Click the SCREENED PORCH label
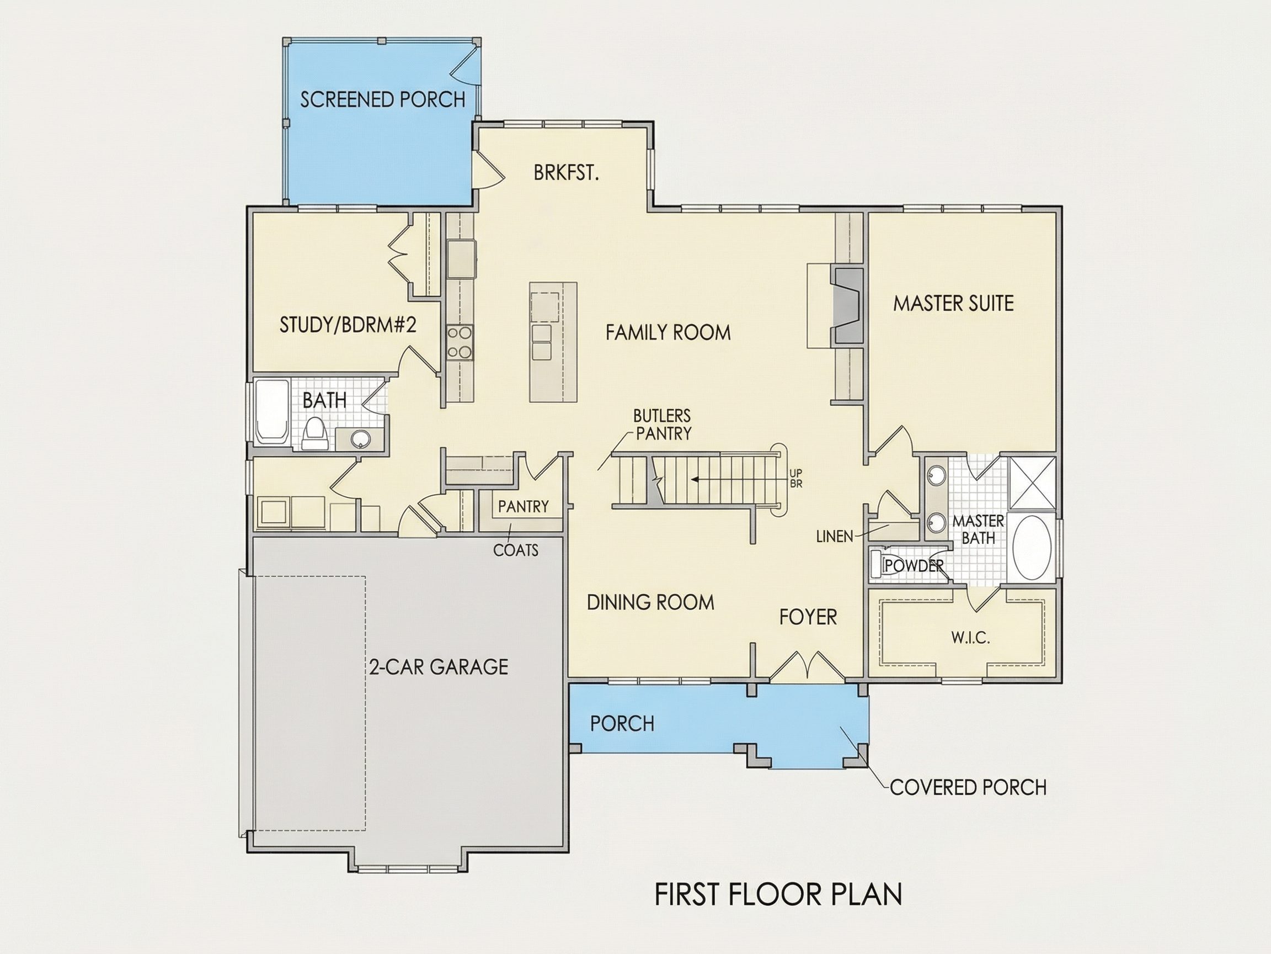pos(383,99)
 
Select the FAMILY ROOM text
pos(667,332)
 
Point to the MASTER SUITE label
pos(953,304)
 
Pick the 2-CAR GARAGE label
pos(439,667)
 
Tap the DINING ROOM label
pos(650,603)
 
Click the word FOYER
pos(808,617)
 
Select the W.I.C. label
pos(970,638)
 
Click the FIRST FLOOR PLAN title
pos(778,894)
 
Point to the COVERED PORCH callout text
pos(968,787)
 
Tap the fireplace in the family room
pos(847,306)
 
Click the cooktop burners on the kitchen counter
pos(460,343)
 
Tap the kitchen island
pos(553,342)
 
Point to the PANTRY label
pos(524,507)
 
